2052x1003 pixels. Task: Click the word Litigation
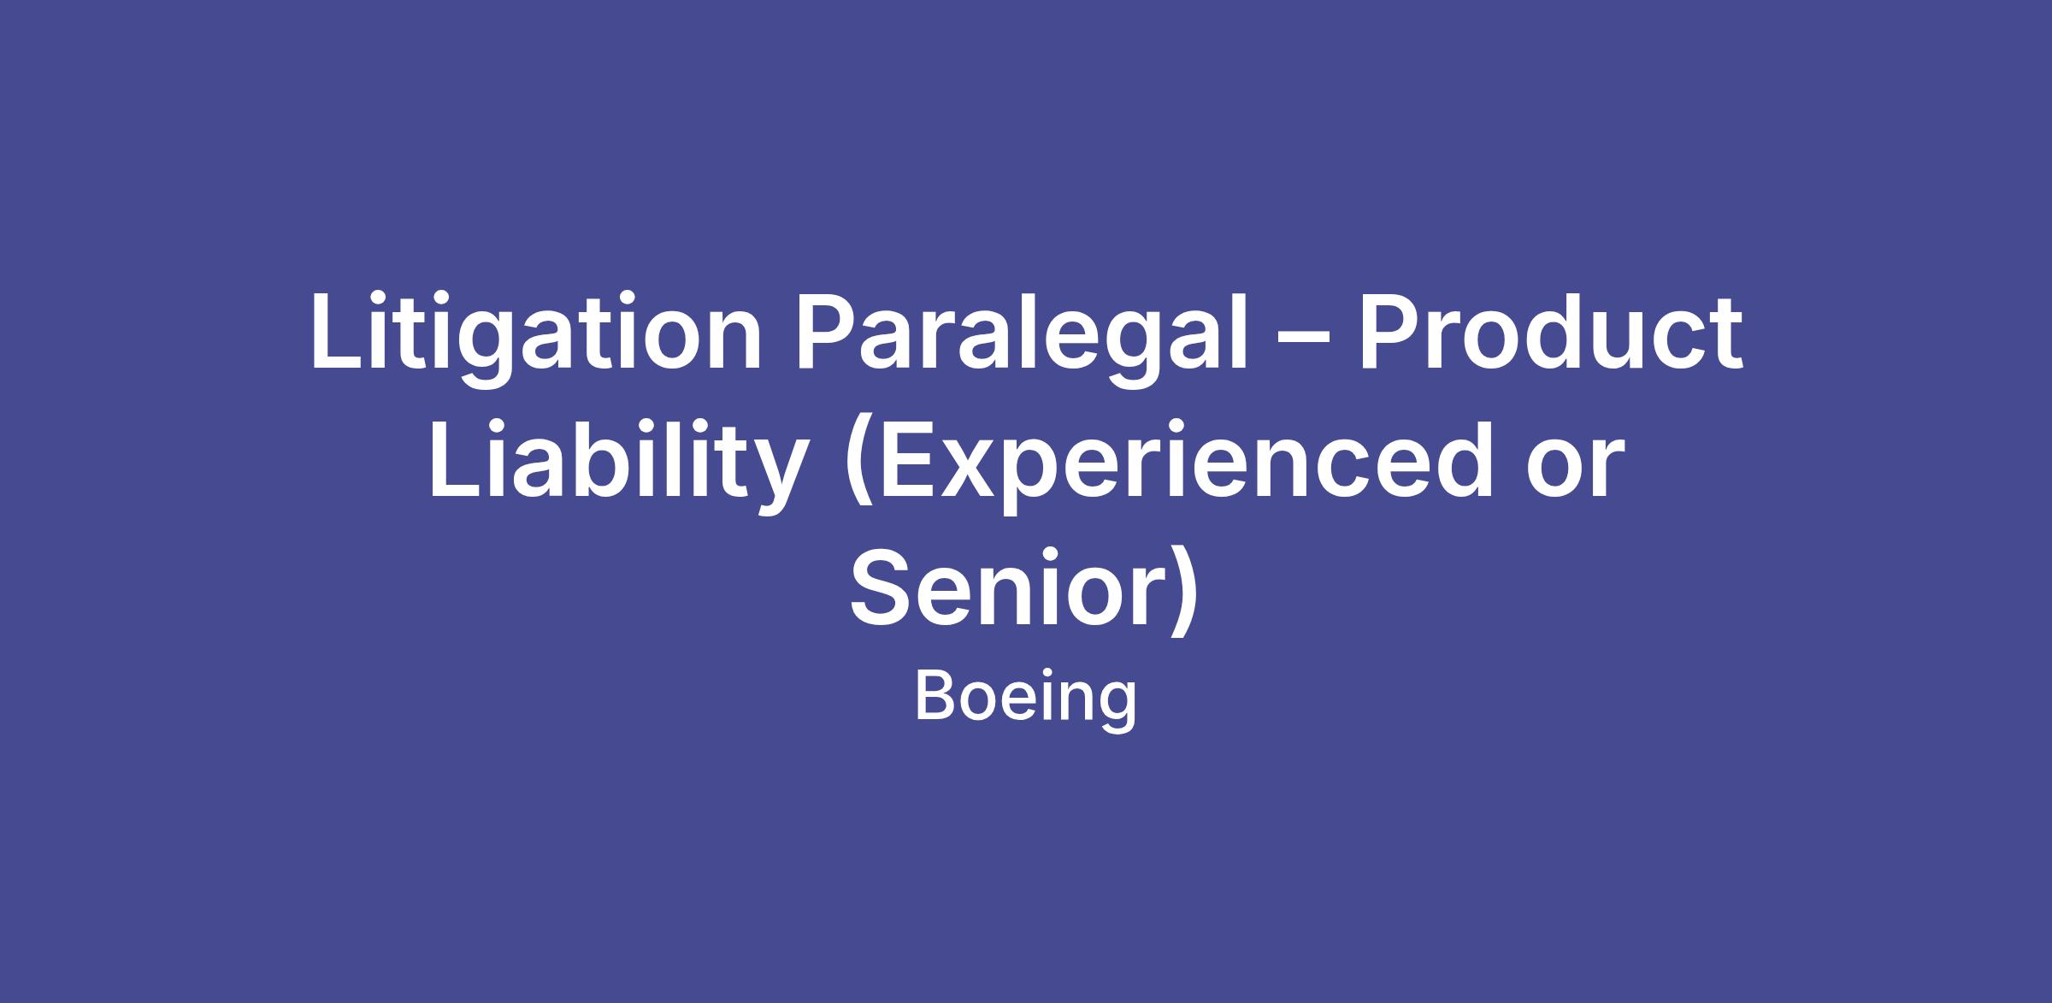536,333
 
